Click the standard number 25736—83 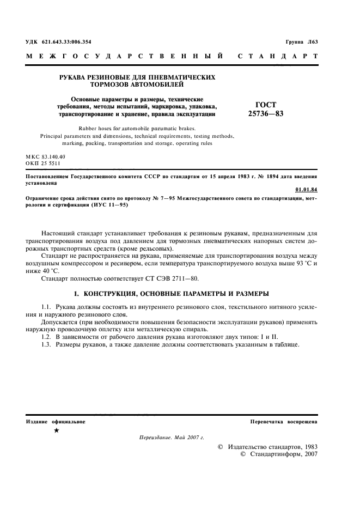click(x=265, y=114)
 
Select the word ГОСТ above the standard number click(x=265, y=105)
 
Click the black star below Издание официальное click(x=57, y=430)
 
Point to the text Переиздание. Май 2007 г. click(x=171, y=437)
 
